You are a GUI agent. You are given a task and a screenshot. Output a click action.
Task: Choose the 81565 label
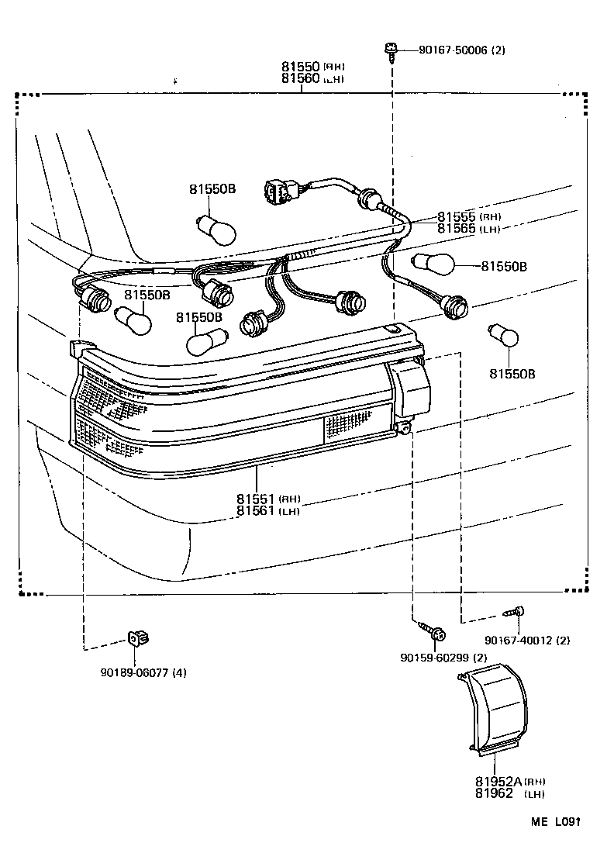457,229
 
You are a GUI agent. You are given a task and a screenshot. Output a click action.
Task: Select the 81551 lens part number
257,499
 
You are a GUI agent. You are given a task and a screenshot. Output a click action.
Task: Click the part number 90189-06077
127,672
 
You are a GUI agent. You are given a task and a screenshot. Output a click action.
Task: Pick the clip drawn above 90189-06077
137,638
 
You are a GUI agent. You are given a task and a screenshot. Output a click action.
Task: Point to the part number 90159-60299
434,658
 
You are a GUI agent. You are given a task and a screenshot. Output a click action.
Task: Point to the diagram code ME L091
556,820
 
